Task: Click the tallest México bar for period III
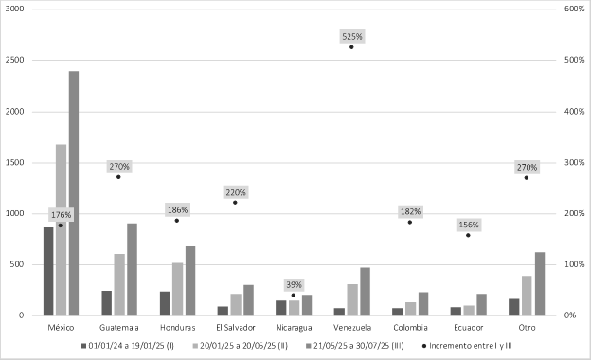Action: coord(74,193)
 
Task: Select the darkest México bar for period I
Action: coord(48,271)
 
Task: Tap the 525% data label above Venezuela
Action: coord(352,37)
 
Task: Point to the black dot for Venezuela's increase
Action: coord(351,47)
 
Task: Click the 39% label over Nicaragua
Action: coord(294,284)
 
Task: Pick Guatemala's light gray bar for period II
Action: coord(119,284)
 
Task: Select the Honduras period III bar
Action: coord(190,280)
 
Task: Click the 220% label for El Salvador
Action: coord(236,192)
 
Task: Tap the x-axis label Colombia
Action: coord(410,328)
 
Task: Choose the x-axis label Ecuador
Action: coord(469,328)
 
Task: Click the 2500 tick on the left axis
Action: coord(14,60)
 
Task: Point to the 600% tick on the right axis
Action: coord(574,9)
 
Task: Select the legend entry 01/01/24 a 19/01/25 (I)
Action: coord(128,346)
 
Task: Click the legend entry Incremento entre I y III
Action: coord(467,346)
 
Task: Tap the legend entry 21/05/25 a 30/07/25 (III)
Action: coord(354,346)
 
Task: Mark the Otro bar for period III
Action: coord(540,284)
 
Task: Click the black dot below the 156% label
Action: coord(468,235)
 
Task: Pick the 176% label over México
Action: coord(61,215)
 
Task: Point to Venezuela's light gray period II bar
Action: coord(352,299)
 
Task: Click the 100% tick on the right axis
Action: coord(574,264)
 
